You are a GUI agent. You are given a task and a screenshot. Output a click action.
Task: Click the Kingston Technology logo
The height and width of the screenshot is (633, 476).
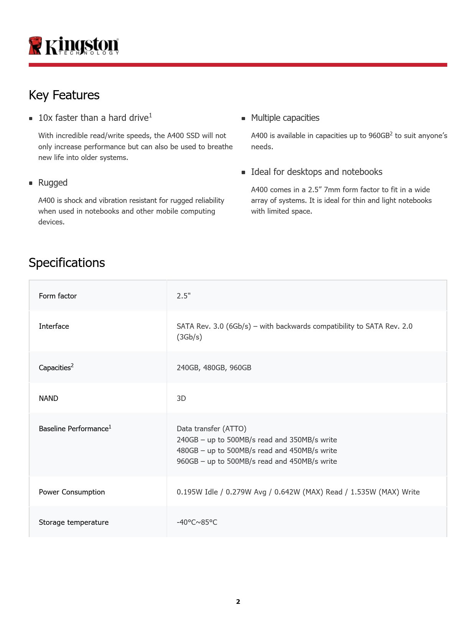pyautogui.click(x=74, y=46)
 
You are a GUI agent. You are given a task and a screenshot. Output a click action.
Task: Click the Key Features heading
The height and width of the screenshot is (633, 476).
pyautogui.click(x=64, y=95)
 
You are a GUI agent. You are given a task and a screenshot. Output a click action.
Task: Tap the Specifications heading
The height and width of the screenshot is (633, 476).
pyautogui.click(x=67, y=263)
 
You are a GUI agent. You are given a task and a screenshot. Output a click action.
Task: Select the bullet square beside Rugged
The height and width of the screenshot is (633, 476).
pyautogui.click(x=31, y=183)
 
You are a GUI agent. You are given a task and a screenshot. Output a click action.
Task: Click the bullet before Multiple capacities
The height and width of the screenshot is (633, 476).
pyautogui.click(x=243, y=119)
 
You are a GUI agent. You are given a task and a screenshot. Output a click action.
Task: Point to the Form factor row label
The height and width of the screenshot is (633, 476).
pyautogui.click(x=58, y=296)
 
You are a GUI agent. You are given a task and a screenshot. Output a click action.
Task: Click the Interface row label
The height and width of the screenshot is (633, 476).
pyautogui.click(x=54, y=326)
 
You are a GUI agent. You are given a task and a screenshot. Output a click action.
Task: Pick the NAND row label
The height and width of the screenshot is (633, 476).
pyautogui.click(x=48, y=398)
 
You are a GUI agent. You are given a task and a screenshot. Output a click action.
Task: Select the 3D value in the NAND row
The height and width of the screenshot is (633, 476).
pyautogui.click(x=181, y=398)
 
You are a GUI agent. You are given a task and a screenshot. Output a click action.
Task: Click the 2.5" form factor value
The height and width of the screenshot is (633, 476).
pyautogui.click(x=183, y=296)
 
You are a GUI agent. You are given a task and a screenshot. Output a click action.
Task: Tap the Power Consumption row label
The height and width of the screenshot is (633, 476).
pyautogui.click(x=72, y=492)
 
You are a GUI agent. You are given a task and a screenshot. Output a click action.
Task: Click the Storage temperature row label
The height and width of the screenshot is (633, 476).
pyautogui.click(x=74, y=522)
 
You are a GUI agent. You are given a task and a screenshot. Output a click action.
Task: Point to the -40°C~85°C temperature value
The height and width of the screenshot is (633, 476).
pyautogui.click(x=197, y=522)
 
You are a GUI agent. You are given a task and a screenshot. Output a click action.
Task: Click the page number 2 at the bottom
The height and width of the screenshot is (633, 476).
pyautogui.click(x=238, y=602)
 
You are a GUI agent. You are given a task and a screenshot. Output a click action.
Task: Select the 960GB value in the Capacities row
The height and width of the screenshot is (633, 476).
pyautogui.click(x=240, y=368)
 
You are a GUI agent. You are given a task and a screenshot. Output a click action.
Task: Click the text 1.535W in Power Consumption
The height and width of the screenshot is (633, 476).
pyautogui.click(x=363, y=492)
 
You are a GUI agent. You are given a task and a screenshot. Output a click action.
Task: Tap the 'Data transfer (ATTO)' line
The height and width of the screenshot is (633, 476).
pyautogui.click(x=211, y=429)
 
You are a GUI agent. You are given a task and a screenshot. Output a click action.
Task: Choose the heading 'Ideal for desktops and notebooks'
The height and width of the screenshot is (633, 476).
pyautogui.click(x=316, y=172)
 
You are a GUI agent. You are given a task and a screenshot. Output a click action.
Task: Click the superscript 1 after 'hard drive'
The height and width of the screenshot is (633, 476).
pyautogui.click(x=150, y=115)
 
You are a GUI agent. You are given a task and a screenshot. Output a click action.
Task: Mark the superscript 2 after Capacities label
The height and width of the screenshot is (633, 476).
pyautogui.click(x=72, y=365)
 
